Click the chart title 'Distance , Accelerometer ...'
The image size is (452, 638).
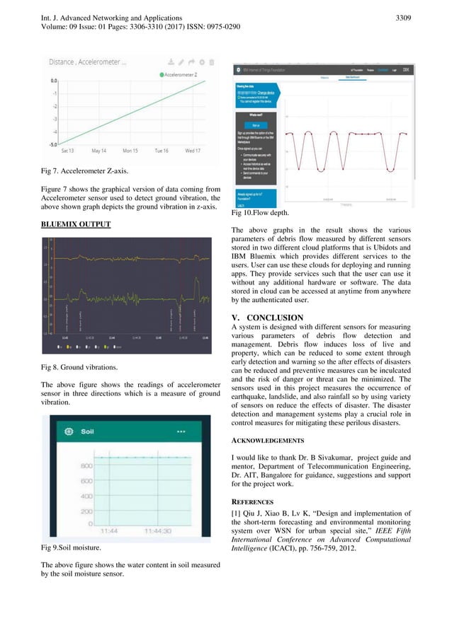pyautogui.click(x=88, y=62)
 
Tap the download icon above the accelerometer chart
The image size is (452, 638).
pyautogui.click(x=172, y=62)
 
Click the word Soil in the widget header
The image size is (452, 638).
pyautogui.click(x=88, y=431)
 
